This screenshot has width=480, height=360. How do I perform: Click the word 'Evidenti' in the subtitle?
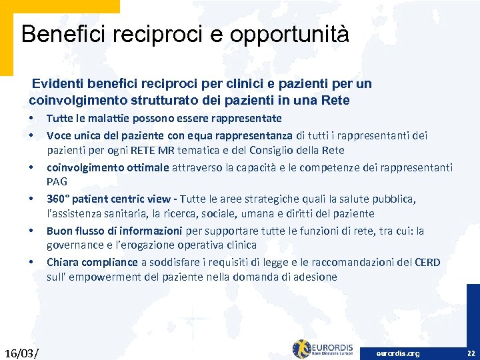click(x=56, y=84)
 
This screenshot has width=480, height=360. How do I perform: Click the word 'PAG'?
click(x=57, y=181)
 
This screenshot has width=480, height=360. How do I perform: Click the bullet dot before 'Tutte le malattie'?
click(x=31, y=119)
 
